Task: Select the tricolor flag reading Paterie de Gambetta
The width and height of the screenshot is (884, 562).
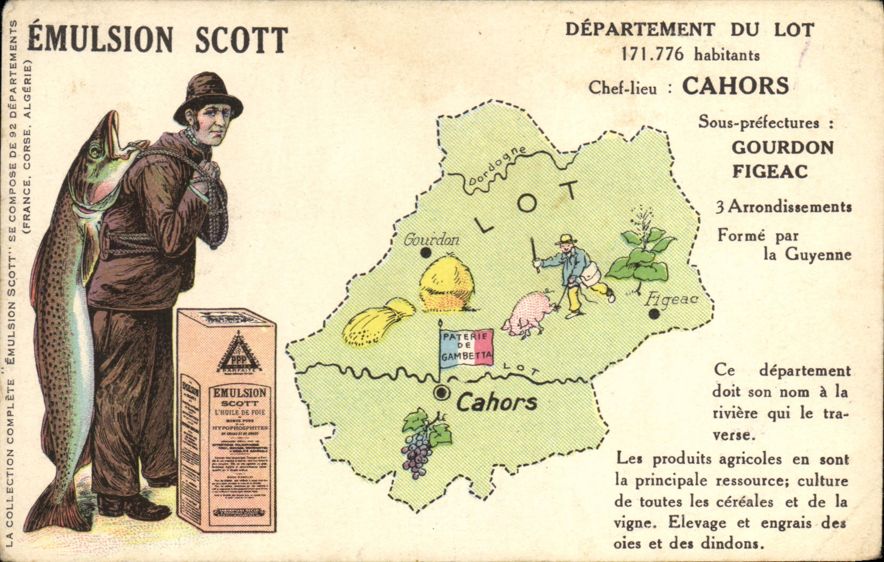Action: coord(466,347)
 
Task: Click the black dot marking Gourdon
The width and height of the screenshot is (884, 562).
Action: coord(425,252)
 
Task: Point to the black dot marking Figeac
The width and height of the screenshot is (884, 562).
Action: coord(654,314)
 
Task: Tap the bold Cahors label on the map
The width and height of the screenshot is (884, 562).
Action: coord(496,402)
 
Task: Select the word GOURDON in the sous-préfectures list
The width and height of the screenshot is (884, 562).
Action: coord(782,147)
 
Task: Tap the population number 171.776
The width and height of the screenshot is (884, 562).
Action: coord(651,54)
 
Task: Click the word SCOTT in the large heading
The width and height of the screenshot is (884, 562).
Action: coord(241,39)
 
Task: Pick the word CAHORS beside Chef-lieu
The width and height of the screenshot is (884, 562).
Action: coord(735,85)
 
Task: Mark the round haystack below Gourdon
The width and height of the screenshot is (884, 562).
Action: coord(446,282)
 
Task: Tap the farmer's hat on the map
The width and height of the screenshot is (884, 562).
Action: coord(566,239)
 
